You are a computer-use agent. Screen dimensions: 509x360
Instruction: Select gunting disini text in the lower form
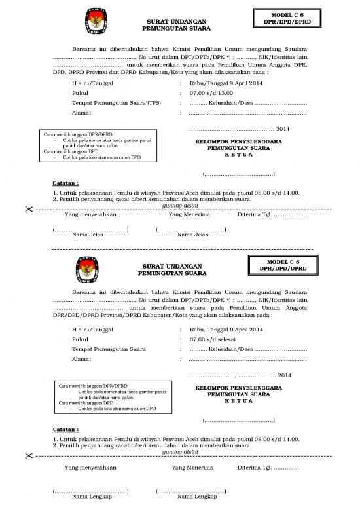pos(179,451)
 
